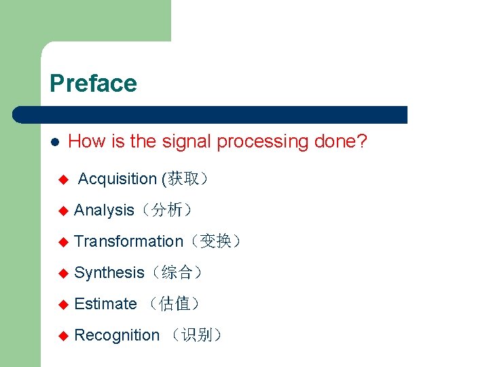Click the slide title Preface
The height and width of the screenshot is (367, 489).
[x=93, y=84]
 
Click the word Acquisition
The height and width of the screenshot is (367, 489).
[x=117, y=179]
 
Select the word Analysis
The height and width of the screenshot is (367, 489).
[x=104, y=210]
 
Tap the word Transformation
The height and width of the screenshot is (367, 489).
[x=128, y=241]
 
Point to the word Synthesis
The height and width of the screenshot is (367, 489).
[x=109, y=273]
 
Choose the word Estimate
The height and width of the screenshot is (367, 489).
[x=105, y=304]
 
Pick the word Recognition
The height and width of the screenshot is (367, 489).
[x=117, y=335]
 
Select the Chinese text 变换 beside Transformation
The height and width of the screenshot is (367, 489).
[x=216, y=241]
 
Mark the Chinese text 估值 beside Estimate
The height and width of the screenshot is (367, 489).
[x=174, y=304]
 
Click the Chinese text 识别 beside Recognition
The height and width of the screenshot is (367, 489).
[x=196, y=335]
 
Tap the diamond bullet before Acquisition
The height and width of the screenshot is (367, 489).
[x=63, y=180]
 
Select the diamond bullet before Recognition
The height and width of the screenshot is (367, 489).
[x=63, y=336]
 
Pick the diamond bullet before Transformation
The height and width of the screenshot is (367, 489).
[x=63, y=242]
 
